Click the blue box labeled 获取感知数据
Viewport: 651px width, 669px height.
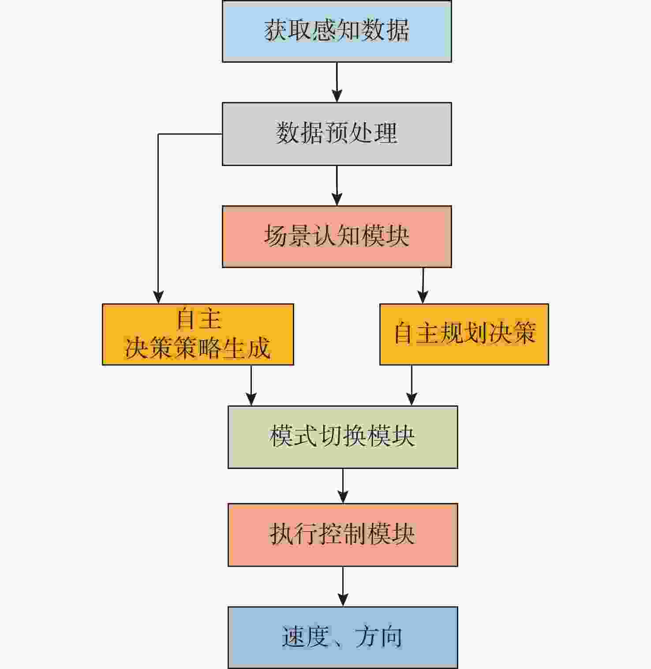[337, 31]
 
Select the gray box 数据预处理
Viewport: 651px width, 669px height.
[337, 134]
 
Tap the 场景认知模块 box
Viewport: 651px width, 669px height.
[337, 236]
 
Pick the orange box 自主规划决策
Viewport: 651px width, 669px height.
[464, 334]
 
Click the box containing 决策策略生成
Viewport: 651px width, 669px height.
[198, 334]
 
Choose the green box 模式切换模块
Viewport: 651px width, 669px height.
[343, 437]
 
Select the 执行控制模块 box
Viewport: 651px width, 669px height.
[343, 535]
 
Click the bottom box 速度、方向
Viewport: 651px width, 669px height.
[343, 637]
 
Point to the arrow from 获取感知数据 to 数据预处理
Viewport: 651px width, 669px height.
[337, 82]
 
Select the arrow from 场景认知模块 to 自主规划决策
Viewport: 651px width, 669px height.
[423, 285]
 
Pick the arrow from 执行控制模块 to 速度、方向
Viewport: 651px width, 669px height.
[343, 586]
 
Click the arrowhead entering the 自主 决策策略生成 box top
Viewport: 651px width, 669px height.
[158, 297]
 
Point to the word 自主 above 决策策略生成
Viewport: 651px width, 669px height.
[198, 319]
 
